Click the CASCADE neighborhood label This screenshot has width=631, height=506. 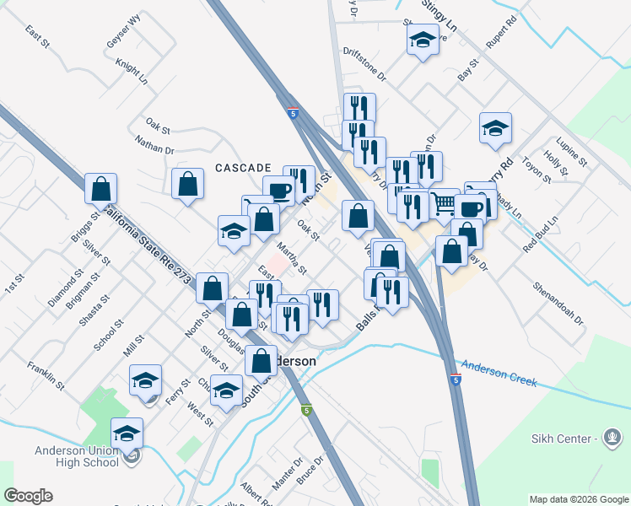[242, 168]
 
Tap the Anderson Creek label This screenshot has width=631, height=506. [499, 374]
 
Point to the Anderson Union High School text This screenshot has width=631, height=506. [77, 456]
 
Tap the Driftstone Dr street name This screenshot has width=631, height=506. [364, 65]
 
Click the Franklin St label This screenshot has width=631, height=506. [46, 375]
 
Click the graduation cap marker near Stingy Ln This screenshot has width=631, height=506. [423, 39]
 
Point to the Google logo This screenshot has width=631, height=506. [28, 496]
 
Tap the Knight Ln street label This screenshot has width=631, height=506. [132, 73]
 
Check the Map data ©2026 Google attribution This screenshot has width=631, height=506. [578, 499]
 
